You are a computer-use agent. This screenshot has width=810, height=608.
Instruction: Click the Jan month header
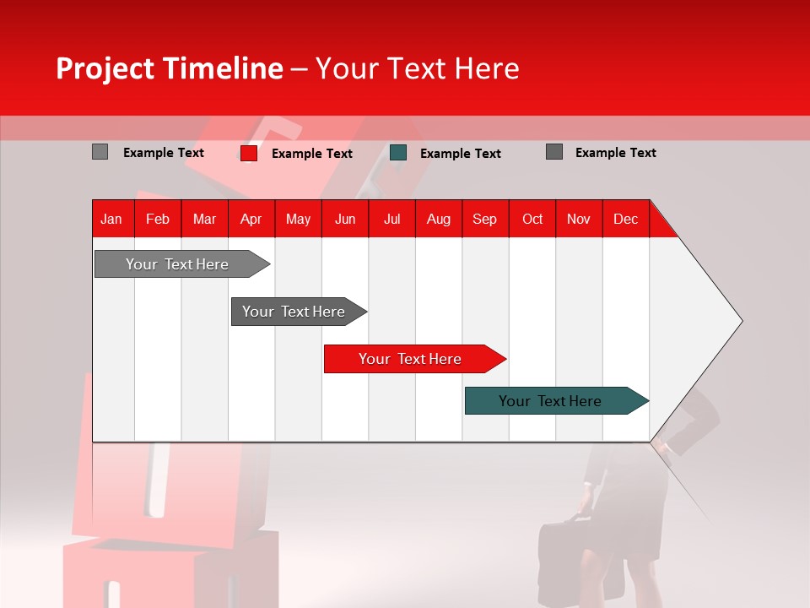tap(111, 220)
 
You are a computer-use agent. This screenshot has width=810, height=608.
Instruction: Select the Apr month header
tap(251, 220)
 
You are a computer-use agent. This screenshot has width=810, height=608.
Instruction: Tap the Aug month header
tap(438, 220)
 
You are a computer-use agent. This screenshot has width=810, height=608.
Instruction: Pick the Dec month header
tap(625, 220)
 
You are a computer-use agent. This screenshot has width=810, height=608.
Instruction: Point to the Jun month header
tap(344, 220)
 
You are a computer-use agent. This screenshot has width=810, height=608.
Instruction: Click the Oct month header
tap(532, 220)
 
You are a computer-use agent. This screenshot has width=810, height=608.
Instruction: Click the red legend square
tap(248, 153)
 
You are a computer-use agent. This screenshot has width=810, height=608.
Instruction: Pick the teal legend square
tap(398, 153)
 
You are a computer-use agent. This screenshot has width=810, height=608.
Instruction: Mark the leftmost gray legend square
tap(100, 152)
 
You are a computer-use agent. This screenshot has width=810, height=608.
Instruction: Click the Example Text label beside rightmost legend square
tap(615, 153)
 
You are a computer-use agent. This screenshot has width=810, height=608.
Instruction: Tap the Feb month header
tap(157, 220)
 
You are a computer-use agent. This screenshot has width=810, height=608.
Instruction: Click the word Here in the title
tap(487, 68)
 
